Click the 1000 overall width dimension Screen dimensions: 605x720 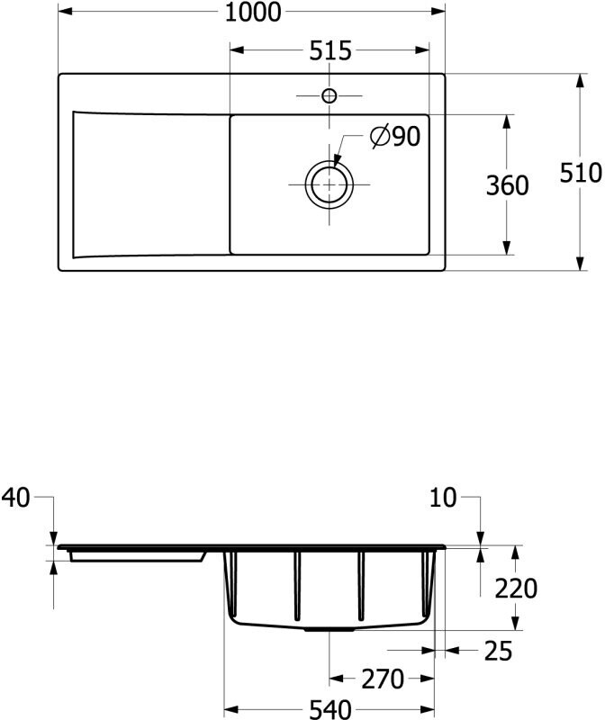[x=252, y=12]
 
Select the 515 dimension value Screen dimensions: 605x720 [x=330, y=50]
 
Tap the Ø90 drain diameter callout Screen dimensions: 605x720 [x=395, y=137]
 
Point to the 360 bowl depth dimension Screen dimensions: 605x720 [x=507, y=185]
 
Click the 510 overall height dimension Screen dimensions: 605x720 [x=580, y=173]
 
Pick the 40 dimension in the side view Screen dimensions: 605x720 [x=15, y=498]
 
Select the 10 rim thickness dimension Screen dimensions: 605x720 [x=443, y=498]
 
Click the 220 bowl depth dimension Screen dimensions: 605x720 [x=516, y=589]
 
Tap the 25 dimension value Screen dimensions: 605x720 [x=498, y=651]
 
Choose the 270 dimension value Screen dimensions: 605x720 [x=383, y=679]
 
